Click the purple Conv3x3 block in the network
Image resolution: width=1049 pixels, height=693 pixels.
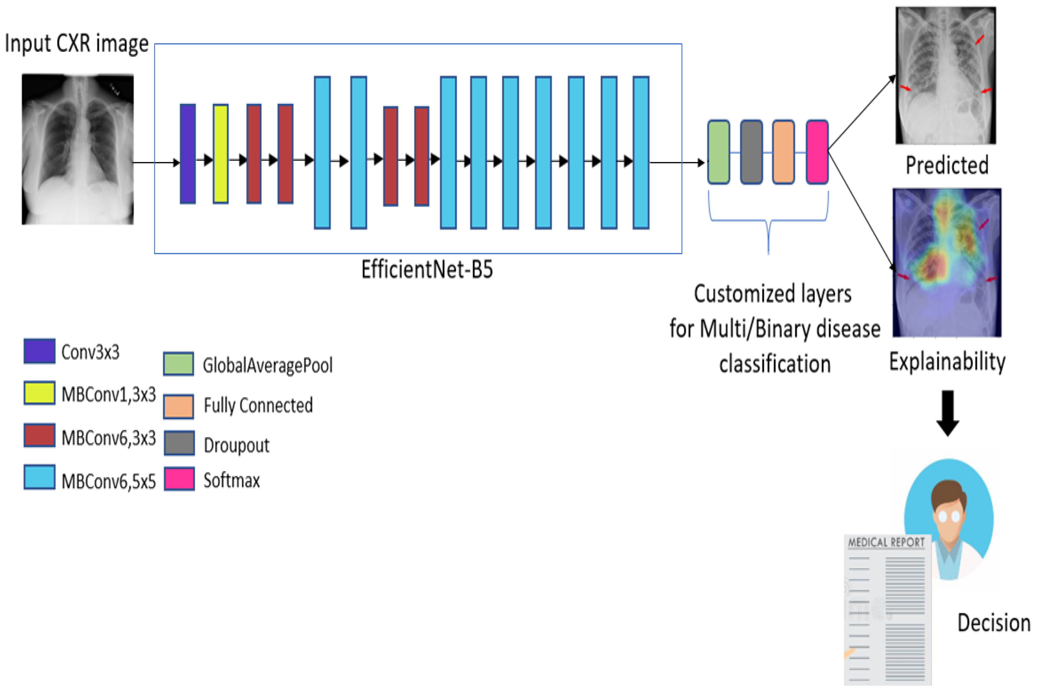tap(187, 153)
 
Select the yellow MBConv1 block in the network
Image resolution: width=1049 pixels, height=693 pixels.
tap(220, 153)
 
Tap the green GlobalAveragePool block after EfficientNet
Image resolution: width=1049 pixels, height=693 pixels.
tap(718, 152)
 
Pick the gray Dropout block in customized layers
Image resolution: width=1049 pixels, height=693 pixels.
tap(751, 152)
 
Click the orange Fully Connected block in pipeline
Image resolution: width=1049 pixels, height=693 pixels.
tap(783, 152)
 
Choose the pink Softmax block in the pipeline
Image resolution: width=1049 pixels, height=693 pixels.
tap(817, 152)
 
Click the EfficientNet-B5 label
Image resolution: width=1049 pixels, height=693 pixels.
tap(427, 269)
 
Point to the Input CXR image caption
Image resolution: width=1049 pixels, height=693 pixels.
tap(77, 43)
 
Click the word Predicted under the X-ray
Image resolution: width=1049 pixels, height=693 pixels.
tap(947, 165)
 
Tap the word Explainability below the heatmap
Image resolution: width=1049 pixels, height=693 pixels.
tap(947, 361)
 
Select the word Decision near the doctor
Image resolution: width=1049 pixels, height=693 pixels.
tap(994, 623)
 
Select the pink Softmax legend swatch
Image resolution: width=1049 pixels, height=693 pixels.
tap(179, 479)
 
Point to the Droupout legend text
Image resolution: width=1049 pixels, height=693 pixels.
tap(236, 445)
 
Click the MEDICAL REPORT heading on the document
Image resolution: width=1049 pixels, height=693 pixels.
tap(886, 542)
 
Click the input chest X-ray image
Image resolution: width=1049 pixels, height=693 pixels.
tap(78, 150)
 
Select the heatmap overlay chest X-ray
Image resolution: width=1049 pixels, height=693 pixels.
tap(947, 263)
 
